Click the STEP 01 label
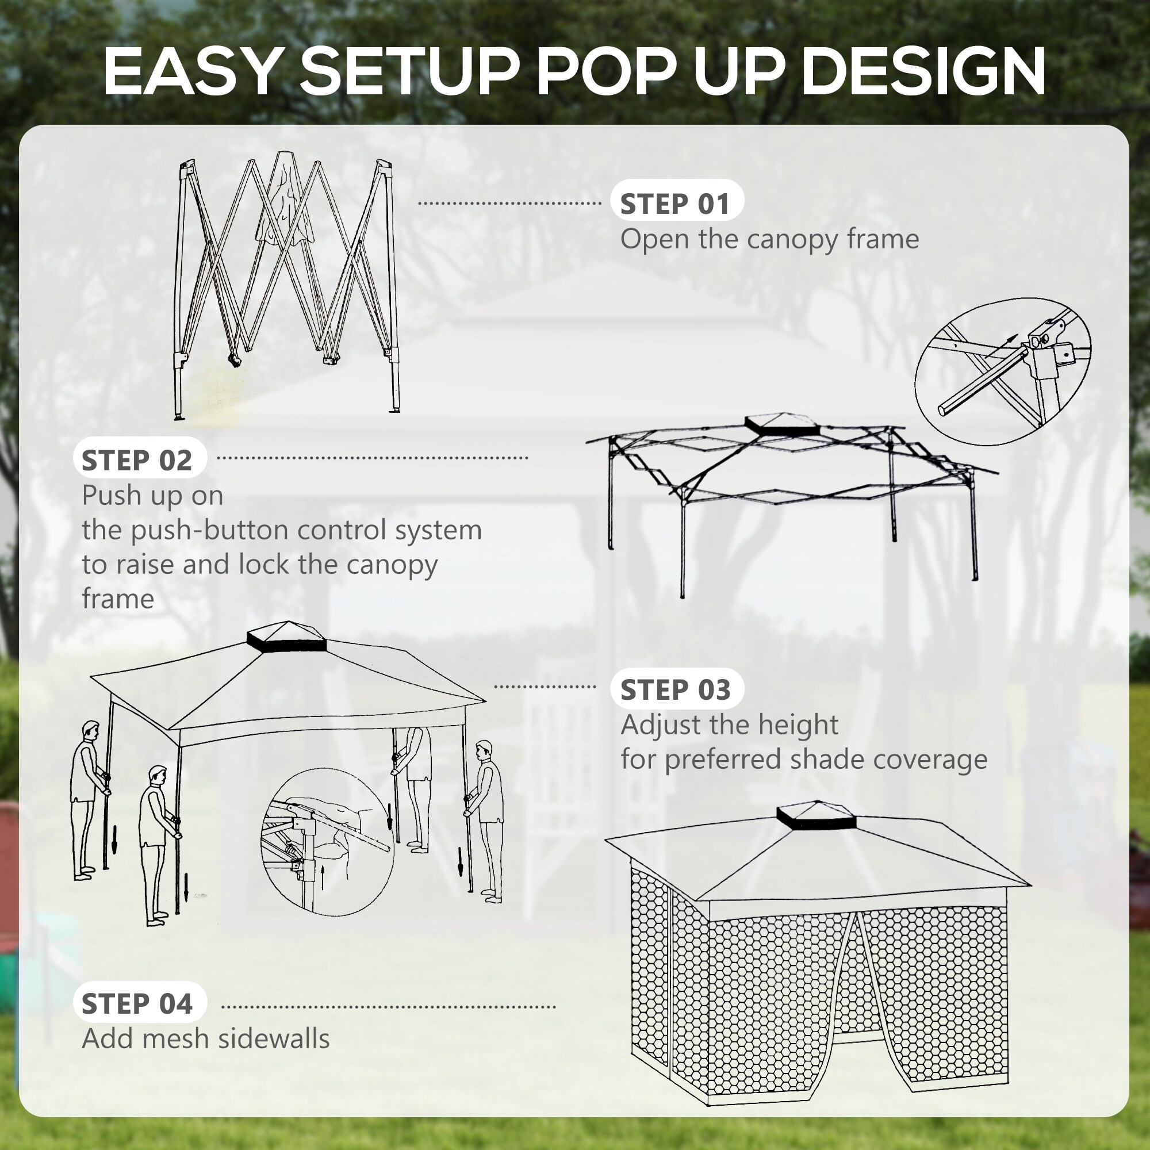(676, 204)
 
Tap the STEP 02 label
(137, 460)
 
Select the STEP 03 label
(676, 689)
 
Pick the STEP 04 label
(137, 1003)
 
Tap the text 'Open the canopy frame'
(769, 239)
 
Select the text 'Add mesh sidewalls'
(205, 1038)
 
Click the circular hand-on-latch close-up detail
(327, 842)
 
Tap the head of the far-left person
(90, 729)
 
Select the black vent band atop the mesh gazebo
(816, 822)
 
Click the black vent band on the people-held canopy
(286, 644)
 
